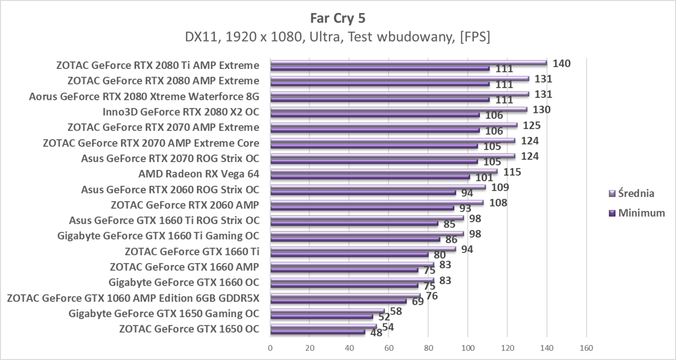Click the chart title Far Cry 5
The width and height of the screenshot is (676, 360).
point(338,18)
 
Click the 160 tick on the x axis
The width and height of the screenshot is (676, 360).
point(586,348)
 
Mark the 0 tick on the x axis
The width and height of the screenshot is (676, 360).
point(270,348)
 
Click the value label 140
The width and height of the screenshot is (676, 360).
point(562,63)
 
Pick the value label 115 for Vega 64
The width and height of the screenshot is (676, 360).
point(512,172)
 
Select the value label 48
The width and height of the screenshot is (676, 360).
point(376,333)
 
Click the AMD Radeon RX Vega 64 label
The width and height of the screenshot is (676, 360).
point(198,174)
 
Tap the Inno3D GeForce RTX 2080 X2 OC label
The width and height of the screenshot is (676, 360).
point(181,112)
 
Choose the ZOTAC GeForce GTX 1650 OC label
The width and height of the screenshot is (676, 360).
point(189,329)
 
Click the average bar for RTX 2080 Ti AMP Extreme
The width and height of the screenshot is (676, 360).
point(408,63)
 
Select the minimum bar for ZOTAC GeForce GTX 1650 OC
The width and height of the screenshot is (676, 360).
point(318,332)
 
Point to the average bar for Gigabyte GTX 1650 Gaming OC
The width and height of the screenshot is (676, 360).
point(327,311)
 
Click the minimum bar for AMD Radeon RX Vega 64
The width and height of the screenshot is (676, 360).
point(370,177)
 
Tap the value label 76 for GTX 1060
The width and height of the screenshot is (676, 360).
point(432,296)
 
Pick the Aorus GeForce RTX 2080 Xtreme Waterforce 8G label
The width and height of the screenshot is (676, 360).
point(144,97)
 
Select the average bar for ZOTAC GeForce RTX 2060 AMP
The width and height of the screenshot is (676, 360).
point(377,202)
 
